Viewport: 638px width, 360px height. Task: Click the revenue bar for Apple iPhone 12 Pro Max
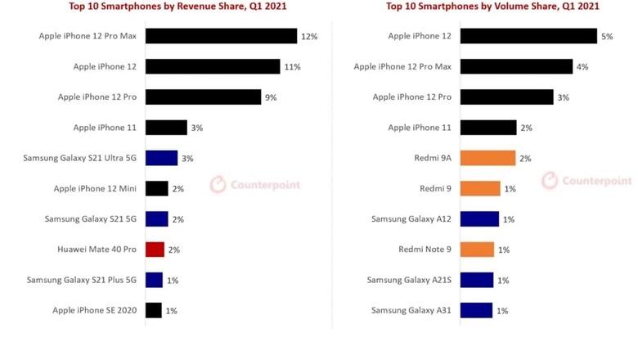pos(221,36)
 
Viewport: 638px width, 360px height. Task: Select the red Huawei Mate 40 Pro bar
pos(155,250)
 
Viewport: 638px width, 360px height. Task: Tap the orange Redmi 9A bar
pos(487,158)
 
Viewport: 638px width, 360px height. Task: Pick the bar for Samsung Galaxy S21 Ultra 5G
pos(161,158)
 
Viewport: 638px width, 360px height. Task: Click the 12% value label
pos(308,37)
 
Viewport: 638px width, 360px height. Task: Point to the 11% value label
pos(292,67)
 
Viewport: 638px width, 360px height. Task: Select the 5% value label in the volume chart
pos(606,37)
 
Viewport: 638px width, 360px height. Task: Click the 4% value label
pos(582,67)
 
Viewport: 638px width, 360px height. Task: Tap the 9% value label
pos(270,97)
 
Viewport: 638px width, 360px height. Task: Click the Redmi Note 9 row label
pos(425,250)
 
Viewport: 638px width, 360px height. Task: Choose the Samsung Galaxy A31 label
pos(411,310)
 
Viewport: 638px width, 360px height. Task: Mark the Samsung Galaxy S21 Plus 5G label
pos(82,280)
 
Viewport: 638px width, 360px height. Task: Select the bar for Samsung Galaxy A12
pos(479,219)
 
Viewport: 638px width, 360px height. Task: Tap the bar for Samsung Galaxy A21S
pos(477,280)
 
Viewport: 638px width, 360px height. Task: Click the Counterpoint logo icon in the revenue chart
pos(218,184)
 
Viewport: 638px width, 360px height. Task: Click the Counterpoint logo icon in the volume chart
pos(550,180)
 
